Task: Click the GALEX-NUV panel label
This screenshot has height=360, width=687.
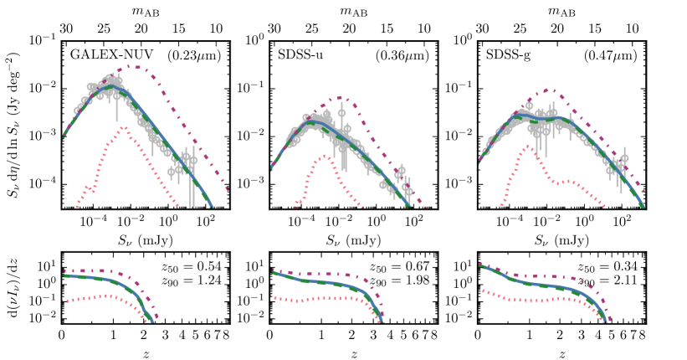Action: [x=105, y=55]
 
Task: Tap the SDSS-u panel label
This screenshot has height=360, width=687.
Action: [x=300, y=55]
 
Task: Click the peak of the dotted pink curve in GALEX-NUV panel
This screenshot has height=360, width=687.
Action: [x=123, y=127]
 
